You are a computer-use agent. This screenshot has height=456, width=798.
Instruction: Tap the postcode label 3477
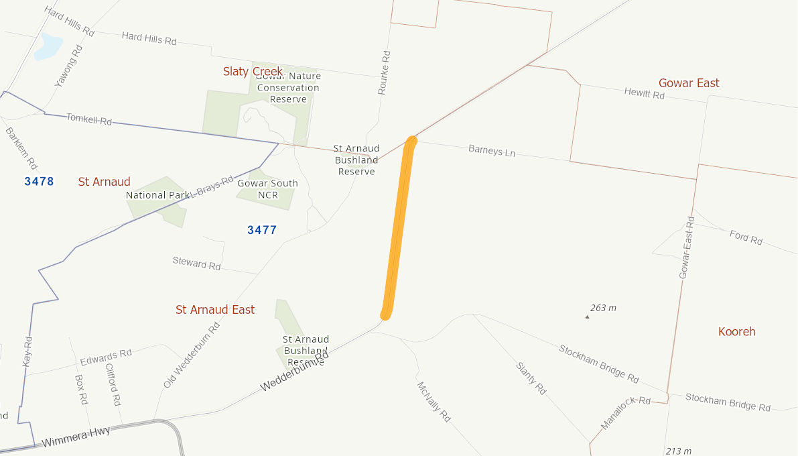(262, 230)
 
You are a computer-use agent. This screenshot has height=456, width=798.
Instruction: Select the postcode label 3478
(39, 181)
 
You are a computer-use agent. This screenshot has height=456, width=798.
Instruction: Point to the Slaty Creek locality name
(253, 72)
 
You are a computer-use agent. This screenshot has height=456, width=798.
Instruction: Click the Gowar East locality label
(689, 83)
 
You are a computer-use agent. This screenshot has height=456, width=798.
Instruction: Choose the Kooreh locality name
(736, 331)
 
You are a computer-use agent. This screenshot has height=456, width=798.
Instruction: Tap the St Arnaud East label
(215, 310)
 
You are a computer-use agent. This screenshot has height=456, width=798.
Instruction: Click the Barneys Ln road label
(492, 151)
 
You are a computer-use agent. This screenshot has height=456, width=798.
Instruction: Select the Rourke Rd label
(384, 72)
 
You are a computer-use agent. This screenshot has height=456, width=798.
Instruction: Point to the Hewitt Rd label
(644, 94)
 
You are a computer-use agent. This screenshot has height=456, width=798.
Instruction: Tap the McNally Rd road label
(434, 402)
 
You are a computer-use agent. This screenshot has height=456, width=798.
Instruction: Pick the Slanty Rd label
(531, 378)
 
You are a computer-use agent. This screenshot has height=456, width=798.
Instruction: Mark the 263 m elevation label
(602, 308)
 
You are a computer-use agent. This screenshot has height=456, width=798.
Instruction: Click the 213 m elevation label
(678, 451)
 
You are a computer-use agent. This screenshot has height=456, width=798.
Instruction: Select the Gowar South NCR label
(267, 189)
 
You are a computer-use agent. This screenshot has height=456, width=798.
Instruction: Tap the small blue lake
(48, 46)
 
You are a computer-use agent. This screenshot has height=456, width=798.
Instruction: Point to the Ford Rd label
(746, 237)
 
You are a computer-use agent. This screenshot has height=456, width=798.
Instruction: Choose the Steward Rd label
(196, 264)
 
